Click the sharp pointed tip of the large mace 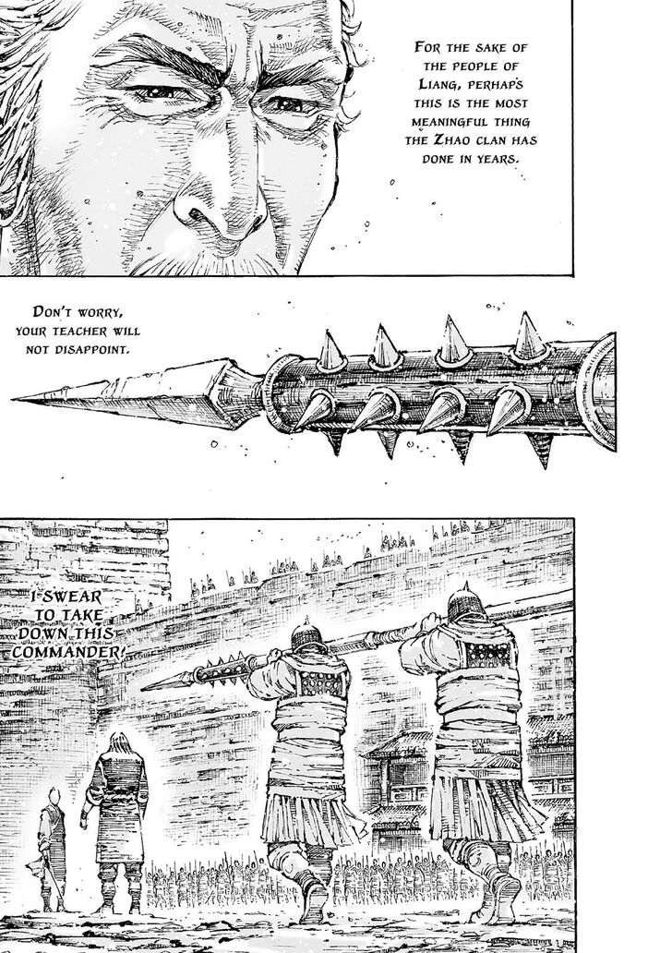13,399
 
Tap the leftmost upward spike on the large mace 330,349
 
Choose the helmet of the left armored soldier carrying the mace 307,635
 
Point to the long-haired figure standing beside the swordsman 116,822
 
